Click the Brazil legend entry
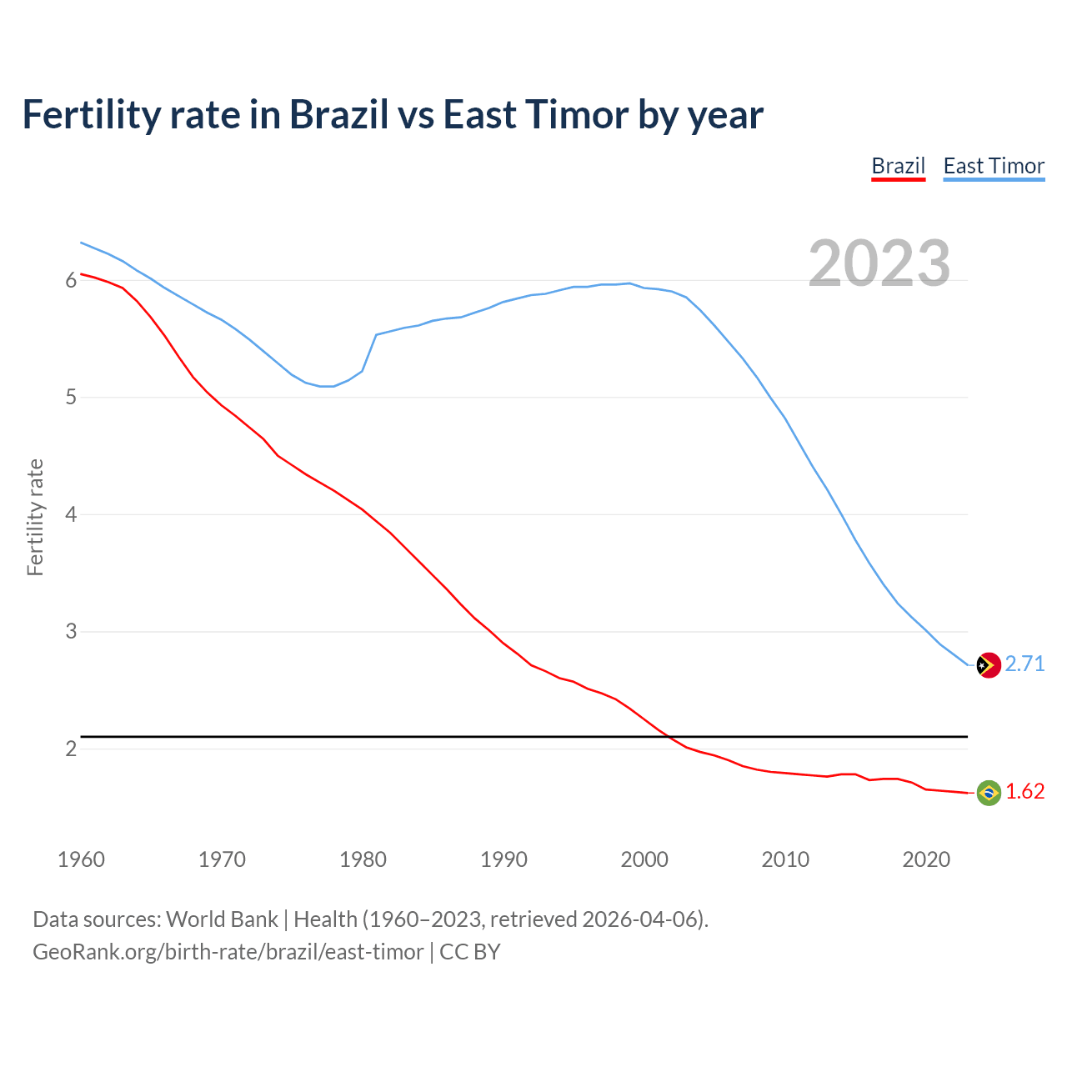pos(898,166)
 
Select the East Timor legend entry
pos(994,166)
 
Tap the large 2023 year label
pos(879,263)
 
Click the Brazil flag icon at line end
pos(989,793)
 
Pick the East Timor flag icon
pos(989,665)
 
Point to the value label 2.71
pos(1024,664)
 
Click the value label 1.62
pos(1024,791)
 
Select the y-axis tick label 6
pos(71,281)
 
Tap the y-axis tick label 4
pos(71,515)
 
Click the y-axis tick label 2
pos(71,749)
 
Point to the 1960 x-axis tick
pos(81,859)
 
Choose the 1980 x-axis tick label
pos(363,859)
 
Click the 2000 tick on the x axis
pos(644,859)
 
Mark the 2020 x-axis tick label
pos(926,859)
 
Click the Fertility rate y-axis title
pos(35,517)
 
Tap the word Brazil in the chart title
pos(338,114)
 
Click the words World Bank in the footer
pos(222,919)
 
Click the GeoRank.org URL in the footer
pos(228,952)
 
